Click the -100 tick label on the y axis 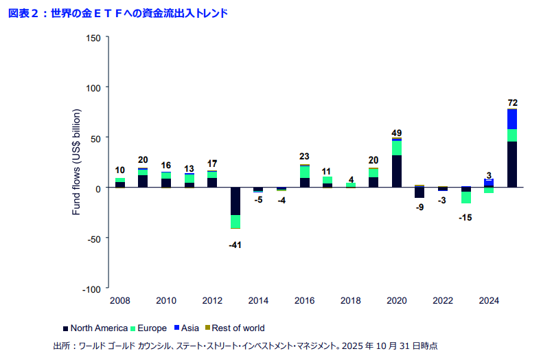tap(92, 289)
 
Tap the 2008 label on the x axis tap(119, 300)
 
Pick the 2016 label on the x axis tap(304, 300)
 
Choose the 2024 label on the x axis tap(489, 300)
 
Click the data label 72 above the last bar tap(512, 102)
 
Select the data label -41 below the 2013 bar tap(235, 245)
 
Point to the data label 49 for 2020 tap(397, 133)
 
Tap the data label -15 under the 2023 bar tap(466, 218)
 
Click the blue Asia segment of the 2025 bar tap(512, 119)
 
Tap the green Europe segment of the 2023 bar tap(466, 197)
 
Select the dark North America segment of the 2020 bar tap(397, 171)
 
